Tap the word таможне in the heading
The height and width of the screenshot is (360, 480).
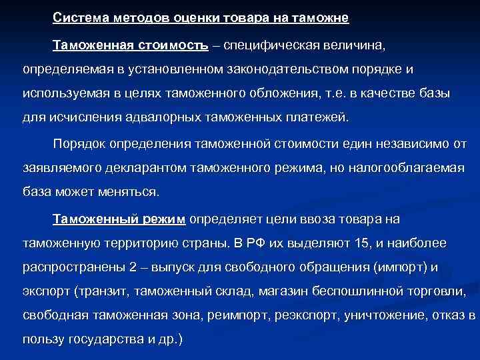pyautogui.click(x=319, y=17)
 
